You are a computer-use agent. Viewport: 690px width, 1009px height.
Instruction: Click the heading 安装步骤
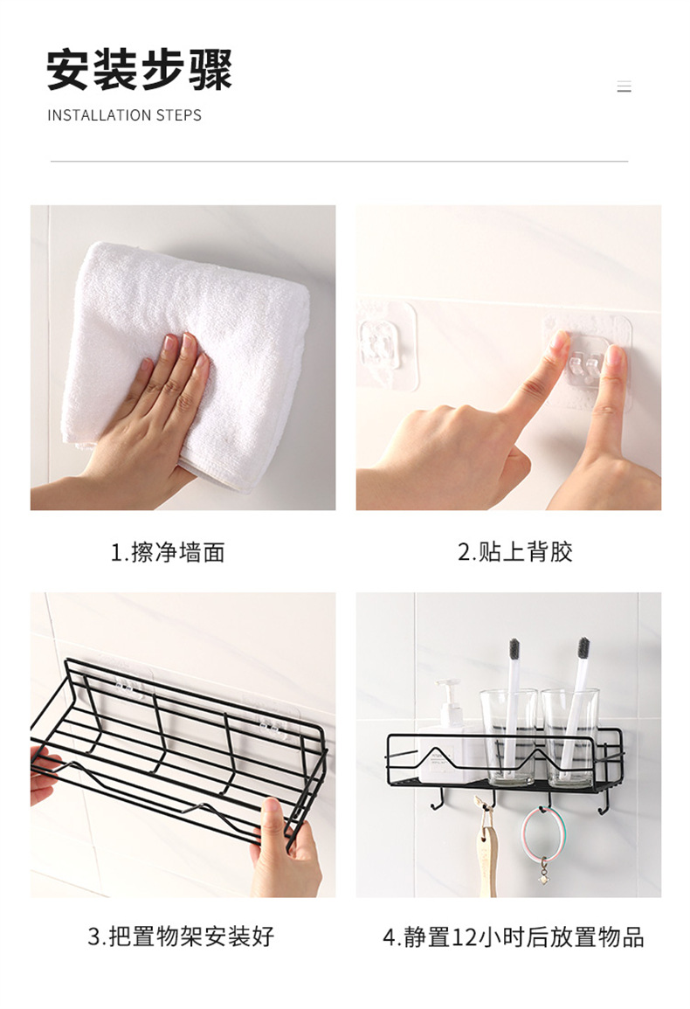(x=139, y=70)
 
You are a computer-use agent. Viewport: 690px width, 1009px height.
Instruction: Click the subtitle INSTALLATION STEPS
(x=124, y=115)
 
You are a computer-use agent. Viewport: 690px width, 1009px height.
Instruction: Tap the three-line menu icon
(x=624, y=86)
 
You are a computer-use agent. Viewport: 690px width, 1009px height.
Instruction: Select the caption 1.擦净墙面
(x=168, y=552)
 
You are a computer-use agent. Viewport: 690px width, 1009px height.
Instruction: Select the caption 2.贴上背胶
(x=515, y=551)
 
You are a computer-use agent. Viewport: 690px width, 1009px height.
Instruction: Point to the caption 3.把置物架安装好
(x=181, y=936)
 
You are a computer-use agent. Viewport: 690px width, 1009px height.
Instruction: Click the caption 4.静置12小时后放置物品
(x=513, y=936)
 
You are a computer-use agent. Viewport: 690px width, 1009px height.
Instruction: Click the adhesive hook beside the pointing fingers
(x=586, y=363)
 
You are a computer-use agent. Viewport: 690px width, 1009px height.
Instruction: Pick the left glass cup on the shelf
(x=508, y=736)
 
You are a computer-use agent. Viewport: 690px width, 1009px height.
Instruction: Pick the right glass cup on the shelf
(x=570, y=736)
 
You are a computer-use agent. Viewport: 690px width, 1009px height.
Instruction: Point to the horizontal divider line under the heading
(x=339, y=162)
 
